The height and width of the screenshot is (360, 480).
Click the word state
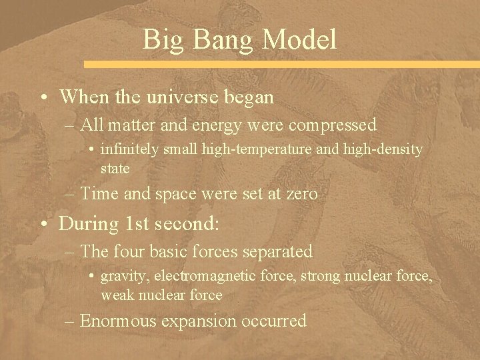pos(115,169)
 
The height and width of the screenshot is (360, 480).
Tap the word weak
pos(115,295)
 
